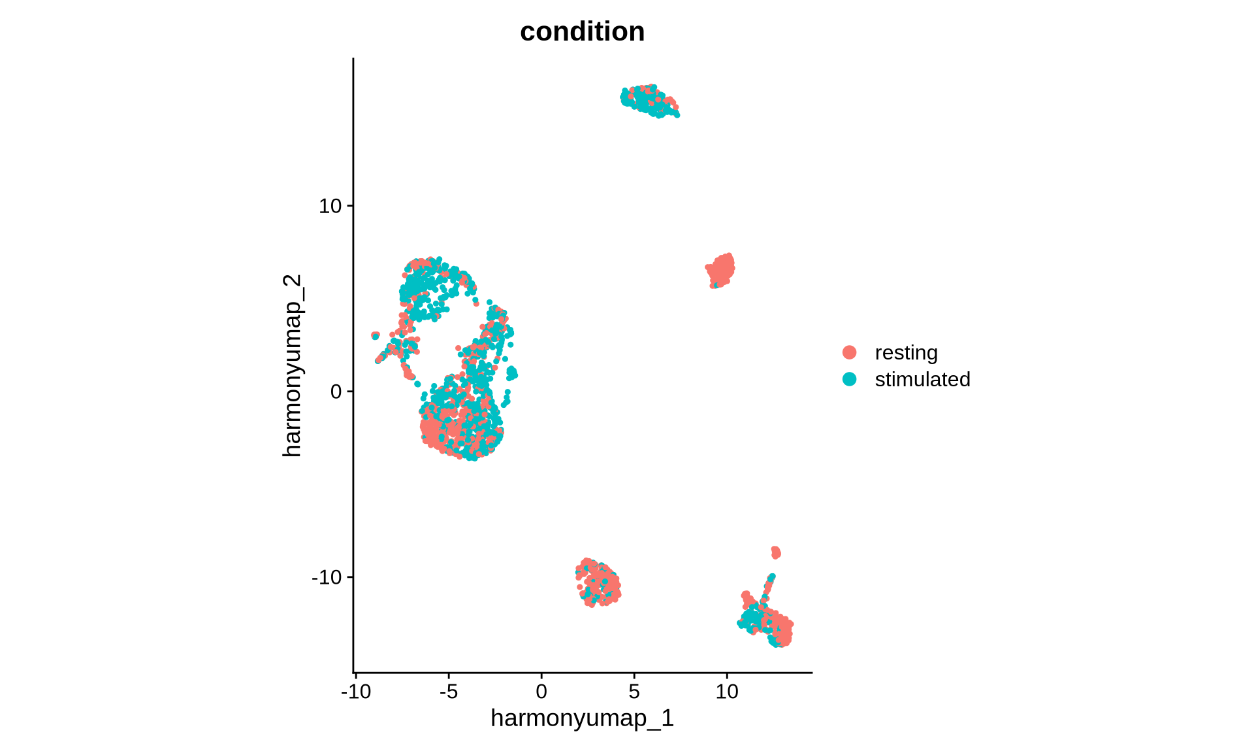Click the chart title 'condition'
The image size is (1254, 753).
[x=582, y=31]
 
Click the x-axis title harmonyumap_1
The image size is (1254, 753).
[x=582, y=718]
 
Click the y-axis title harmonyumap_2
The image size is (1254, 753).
[x=292, y=365]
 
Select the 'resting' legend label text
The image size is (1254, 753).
[x=906, y=352]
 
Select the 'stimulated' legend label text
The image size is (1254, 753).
[x=922, y=379]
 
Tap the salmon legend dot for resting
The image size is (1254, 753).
[x=849, y=352]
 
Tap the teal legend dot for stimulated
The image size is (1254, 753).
[x=849, y=379]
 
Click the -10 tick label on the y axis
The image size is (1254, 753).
[x=327, y=577]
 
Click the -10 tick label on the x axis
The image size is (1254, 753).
[x=356, y=691]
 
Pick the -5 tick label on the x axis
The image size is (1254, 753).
[x=449, y=691]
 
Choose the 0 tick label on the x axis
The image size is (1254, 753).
[x=541, y=691]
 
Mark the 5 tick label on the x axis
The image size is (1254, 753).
[x=634, y=691]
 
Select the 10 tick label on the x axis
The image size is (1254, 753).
[x=727, y=691]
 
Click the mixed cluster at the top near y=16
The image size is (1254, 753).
[x=649, y=101]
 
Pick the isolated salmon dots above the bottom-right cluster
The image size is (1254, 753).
[x=775, y=552]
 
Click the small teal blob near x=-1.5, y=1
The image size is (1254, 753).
[x=512, y=373]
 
